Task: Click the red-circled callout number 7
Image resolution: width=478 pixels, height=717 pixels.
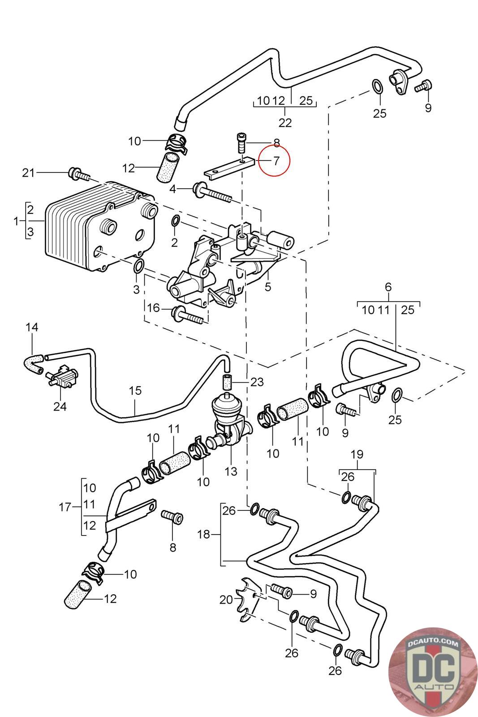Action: tap(276, 160)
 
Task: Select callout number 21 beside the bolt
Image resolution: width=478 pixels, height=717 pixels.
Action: tap(28, 173)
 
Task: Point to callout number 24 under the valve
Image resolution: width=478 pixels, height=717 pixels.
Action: tap(60, 406)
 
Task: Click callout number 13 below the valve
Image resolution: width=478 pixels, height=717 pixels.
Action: tap(231, 471)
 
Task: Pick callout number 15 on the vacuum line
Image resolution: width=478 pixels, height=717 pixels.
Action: tap(135, 390)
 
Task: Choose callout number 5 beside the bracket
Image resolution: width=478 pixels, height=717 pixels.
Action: tap(268, 287)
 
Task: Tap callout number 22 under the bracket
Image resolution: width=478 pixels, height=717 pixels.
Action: tap(285, 123)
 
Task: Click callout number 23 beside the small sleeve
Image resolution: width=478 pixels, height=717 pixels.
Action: tap(257, 382)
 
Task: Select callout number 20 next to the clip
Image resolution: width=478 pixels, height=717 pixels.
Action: tap(226, 600)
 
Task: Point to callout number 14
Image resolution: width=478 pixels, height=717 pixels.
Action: tap(32, 327)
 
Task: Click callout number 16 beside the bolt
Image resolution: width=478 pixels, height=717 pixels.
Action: tap(153, 308)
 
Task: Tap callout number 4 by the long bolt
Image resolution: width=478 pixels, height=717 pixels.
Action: tap(173, 189)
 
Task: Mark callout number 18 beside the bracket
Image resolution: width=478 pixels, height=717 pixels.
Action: tap(203, 534)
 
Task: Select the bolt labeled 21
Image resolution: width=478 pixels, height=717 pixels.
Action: tap(79, 173)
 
